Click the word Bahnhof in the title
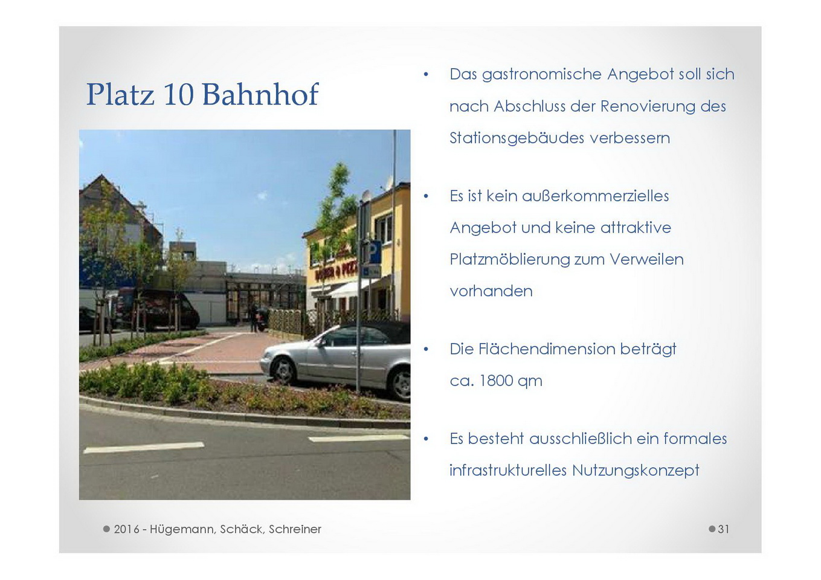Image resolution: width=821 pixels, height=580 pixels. click(260, 94)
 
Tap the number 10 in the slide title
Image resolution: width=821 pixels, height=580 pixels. click(179, 94)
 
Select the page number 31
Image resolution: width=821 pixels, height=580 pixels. click(724, 529)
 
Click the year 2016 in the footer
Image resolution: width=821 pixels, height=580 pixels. click(126, 529)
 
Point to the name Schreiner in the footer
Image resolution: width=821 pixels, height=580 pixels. click(295, 529)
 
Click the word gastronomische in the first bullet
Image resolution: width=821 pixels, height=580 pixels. click(542, 75)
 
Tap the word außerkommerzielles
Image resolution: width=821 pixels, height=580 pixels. click(596, 196)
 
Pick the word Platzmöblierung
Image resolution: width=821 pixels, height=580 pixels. click(509, 260)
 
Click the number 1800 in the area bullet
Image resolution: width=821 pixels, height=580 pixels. click(495, 381)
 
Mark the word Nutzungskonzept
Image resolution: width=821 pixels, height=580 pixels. click(636, 471)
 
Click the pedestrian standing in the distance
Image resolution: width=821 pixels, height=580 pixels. click(253, 318)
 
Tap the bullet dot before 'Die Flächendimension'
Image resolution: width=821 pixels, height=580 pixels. click(425, 349)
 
